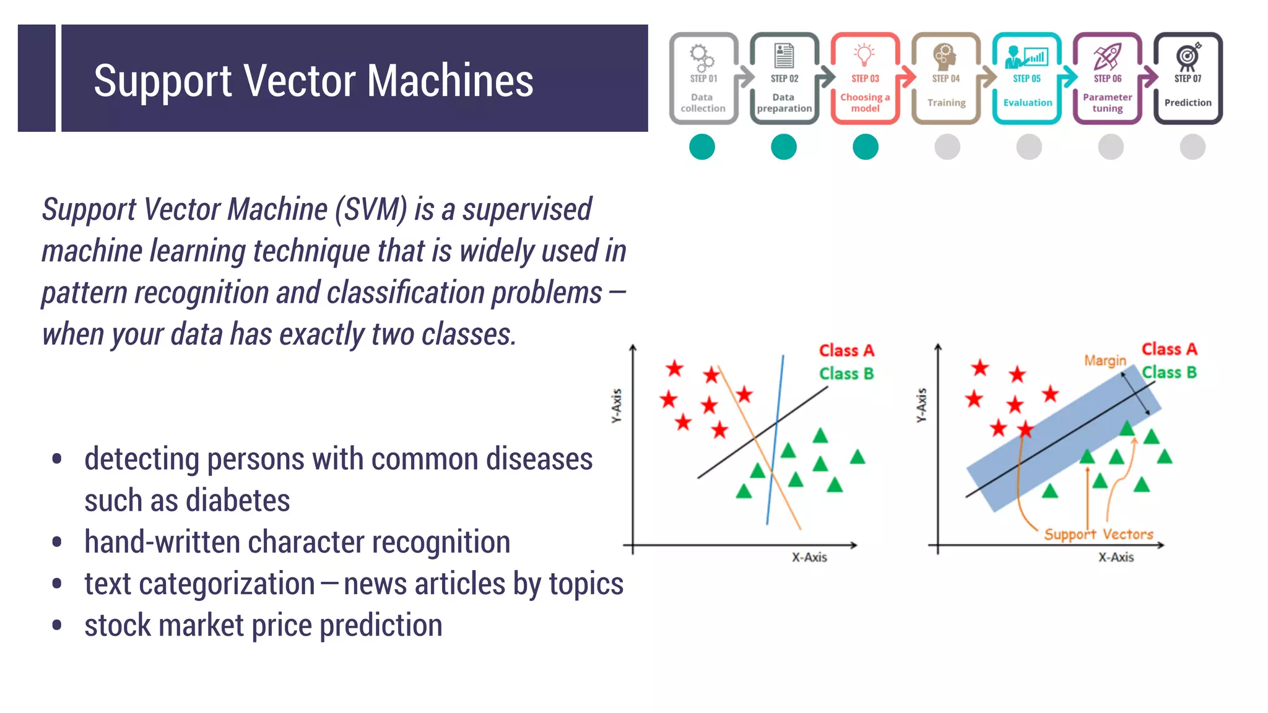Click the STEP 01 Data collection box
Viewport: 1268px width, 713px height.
point(703,79)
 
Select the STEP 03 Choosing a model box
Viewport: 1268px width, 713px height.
point(865,79)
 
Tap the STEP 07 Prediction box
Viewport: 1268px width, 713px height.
point(1188,79)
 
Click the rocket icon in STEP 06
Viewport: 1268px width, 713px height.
point(1107,56)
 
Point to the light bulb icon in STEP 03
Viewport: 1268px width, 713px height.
point(864,54)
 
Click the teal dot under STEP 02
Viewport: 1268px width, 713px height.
point(784,147)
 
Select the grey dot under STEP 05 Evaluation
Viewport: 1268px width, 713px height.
point(1029,147)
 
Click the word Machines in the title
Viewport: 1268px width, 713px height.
point(450,81)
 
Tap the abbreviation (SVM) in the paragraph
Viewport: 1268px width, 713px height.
point(371,209)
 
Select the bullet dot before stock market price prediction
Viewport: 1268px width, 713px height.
point(57,625)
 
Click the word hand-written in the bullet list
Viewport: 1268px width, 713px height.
point(162,542)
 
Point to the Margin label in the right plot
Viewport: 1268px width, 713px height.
point(1105,360)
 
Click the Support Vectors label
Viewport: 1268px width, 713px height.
point(1098,534)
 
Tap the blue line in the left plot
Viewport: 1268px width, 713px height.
point(775,439)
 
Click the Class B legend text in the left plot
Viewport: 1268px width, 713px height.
point(846,374)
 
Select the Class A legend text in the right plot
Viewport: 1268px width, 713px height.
point(1169,349)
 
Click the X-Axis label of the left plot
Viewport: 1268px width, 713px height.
point(809,557)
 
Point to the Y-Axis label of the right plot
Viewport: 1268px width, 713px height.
point(921,405)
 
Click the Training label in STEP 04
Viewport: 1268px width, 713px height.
point(946,103)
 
